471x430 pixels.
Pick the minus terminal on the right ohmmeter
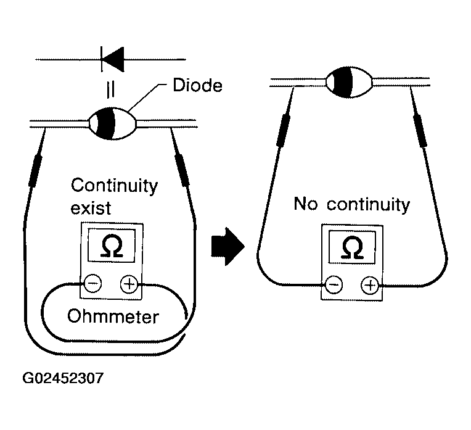334,284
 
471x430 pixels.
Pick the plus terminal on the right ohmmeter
369,284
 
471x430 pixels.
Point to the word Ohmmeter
112,317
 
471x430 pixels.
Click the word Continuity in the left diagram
115,185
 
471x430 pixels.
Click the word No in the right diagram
305,204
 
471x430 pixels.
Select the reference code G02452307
63,378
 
